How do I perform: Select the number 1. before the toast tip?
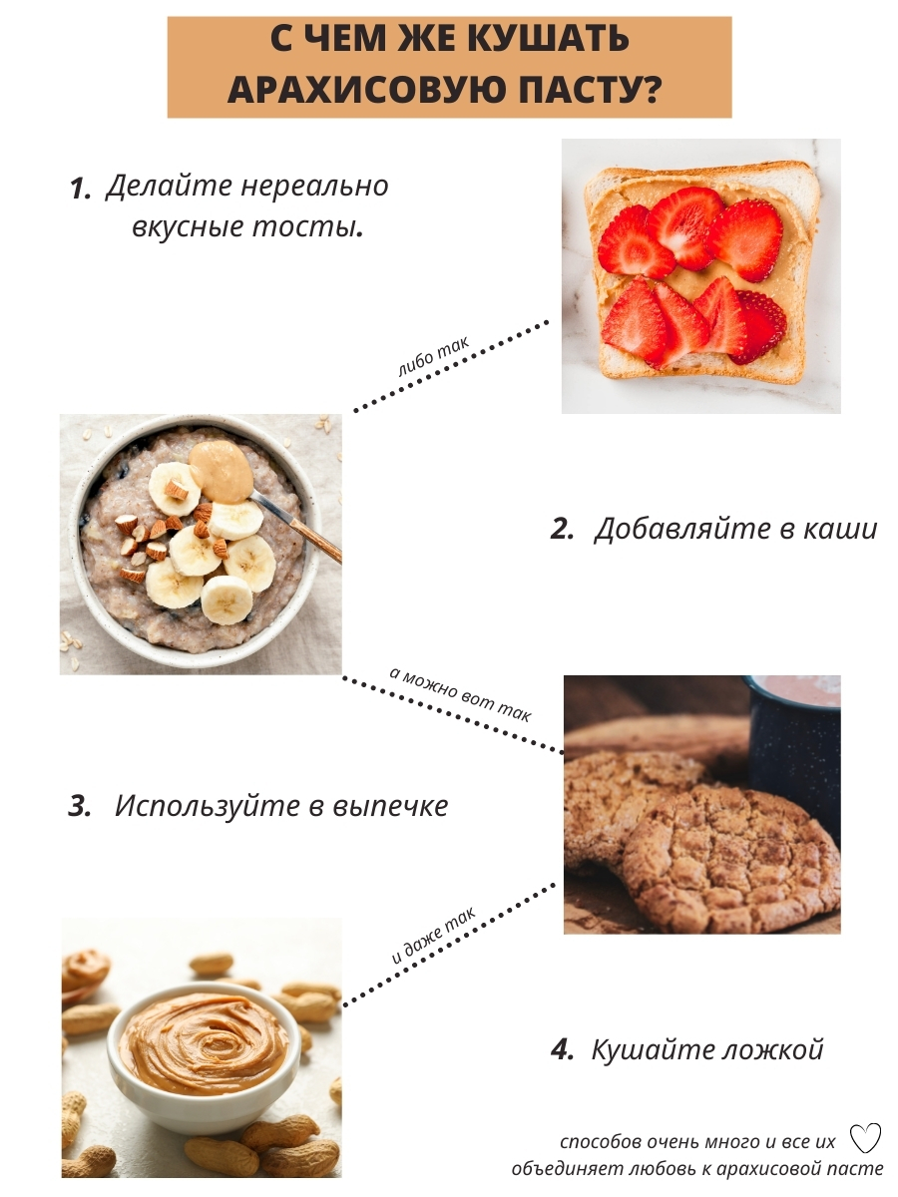click(80, 189)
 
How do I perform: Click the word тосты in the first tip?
click(308, 226)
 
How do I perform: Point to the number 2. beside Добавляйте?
click(562, 529)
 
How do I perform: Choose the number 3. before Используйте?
click(80, 806)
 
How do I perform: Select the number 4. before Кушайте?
click(562, 1049)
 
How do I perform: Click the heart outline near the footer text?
click(865, 1137)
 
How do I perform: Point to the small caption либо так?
click(433, 358)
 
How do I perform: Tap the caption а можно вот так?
click(460, 693)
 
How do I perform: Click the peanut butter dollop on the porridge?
click(222, 471)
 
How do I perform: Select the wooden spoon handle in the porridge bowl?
click(315, 541)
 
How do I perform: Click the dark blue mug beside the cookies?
click(795, 748)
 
